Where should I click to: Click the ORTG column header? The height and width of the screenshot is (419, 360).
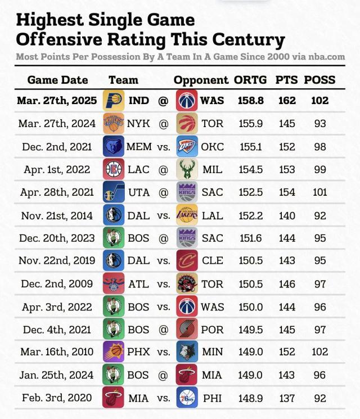coord(251,80)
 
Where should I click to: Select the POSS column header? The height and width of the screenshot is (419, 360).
coord(319,80)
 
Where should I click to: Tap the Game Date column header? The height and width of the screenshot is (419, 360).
coord(57,80)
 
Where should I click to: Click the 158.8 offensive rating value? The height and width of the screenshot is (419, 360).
coord(251,101)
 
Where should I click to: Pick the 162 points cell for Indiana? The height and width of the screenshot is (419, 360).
coord(287,101)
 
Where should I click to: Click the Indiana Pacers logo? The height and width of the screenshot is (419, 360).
coord(113,101)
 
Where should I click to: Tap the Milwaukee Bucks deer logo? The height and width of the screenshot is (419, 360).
coord(187,169)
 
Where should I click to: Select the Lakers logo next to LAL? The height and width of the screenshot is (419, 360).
coord(187,214)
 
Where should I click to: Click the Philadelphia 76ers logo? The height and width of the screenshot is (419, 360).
coord(187,398)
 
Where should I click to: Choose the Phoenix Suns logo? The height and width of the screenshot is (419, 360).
coord(113,352)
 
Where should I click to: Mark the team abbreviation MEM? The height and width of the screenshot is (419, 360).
coord(139,146)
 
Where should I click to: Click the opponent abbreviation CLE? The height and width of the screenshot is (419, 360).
coord(213,260)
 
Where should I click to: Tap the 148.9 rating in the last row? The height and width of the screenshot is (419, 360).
coord(251,398)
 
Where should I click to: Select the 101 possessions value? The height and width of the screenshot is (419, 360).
coord(320,192)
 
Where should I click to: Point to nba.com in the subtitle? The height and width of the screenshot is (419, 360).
coord(326,57)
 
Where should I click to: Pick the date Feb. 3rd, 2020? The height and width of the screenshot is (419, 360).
coord(57,398)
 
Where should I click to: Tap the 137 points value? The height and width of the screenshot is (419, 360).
coord(287,398)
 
